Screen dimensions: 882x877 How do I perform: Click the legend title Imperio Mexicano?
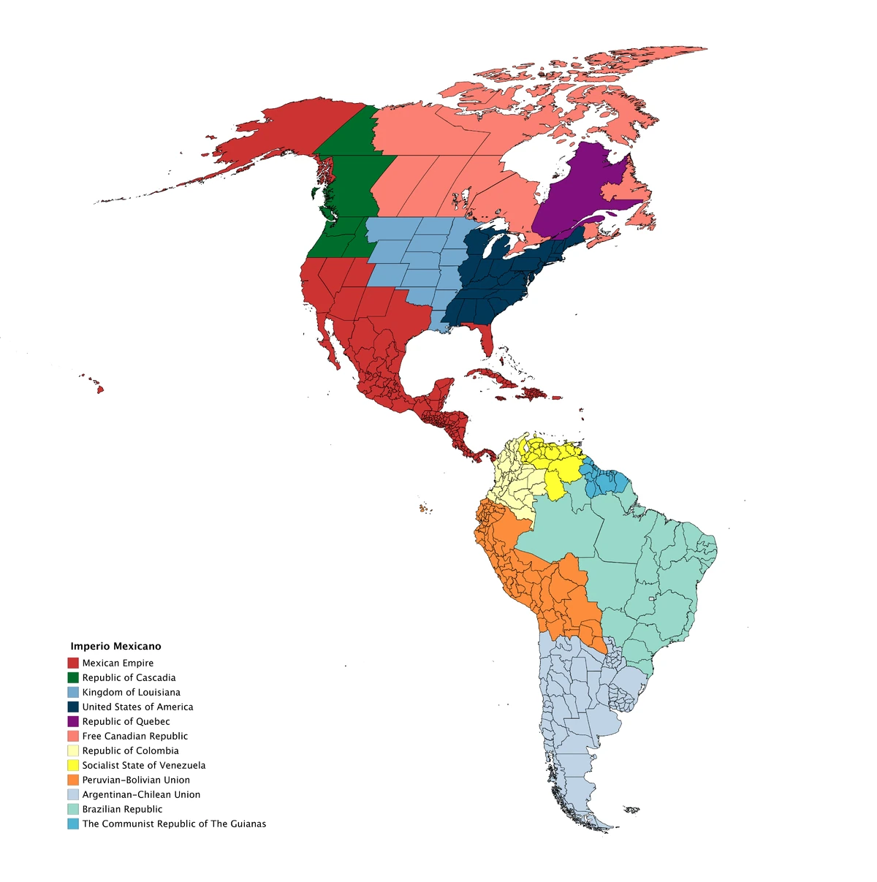(x=115, y=646)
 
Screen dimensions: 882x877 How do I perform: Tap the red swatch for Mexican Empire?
(x=73, y=663)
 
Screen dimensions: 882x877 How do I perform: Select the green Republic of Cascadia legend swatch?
(x=73, y=677)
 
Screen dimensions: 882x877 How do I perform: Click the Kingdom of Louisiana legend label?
(x=131, y=692)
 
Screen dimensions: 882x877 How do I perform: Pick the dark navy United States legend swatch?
(x=73, y=707)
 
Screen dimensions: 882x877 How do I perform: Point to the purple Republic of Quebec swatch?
(x=73, y=721)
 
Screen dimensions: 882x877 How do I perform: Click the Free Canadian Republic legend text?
(x=134, y=736)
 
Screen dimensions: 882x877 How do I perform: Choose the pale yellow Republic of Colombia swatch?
(x=73, y=750)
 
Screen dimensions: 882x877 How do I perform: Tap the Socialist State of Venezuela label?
(x=143, y=765)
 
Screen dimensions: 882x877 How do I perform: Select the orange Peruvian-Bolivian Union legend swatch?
(x=73, y=780)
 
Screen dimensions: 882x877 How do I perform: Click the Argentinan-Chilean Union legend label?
(x=141, y=794)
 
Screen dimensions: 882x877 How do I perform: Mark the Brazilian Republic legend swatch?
(x=73, y=809)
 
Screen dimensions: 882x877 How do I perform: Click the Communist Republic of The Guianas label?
(x=174, y=824)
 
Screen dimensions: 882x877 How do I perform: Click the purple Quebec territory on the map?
(x=577, y=190)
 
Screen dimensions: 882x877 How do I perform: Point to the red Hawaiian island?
(x=100, y=389)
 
